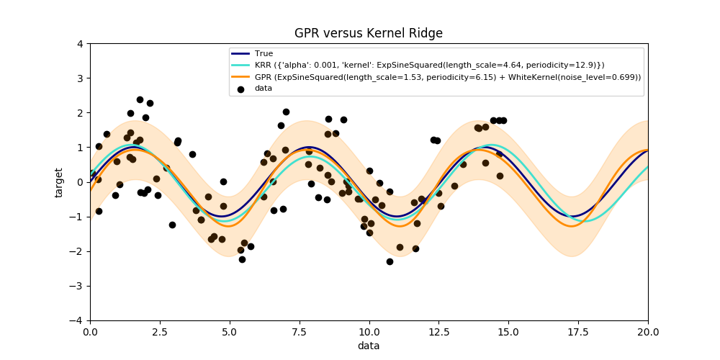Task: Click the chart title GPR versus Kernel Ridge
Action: [x=368, y=33]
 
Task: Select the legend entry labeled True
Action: [x=264, y=53]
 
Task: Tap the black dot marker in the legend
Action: [x=241, y=89]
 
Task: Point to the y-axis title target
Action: [x=59, y=182]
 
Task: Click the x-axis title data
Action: [x=369, y=346]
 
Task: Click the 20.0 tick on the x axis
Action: [x=648, y=332]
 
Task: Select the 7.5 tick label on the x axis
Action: [x=299, y=332]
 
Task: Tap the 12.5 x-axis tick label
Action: [x=438, y=332]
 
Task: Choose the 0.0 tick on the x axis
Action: [x=90, y=332]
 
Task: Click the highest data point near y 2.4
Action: [x=140, y=99]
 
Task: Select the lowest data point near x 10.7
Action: [x=390, y=261]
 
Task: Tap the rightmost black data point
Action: [x=503, y=120]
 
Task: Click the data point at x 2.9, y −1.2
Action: [x=172, y=225]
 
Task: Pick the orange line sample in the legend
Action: [x=241, y=77]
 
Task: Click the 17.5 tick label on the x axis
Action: [x=578, y=332]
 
